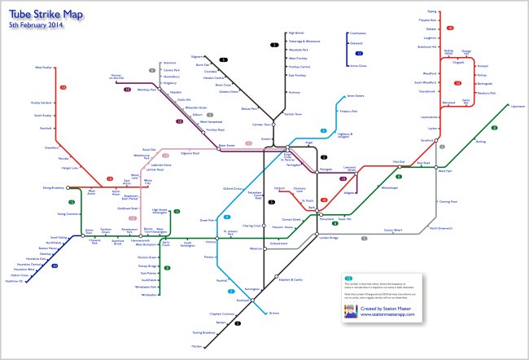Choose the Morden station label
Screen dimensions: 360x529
click(220, 346)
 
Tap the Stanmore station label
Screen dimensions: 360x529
click(169, 62)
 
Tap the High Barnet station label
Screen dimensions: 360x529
click(295, 33)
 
